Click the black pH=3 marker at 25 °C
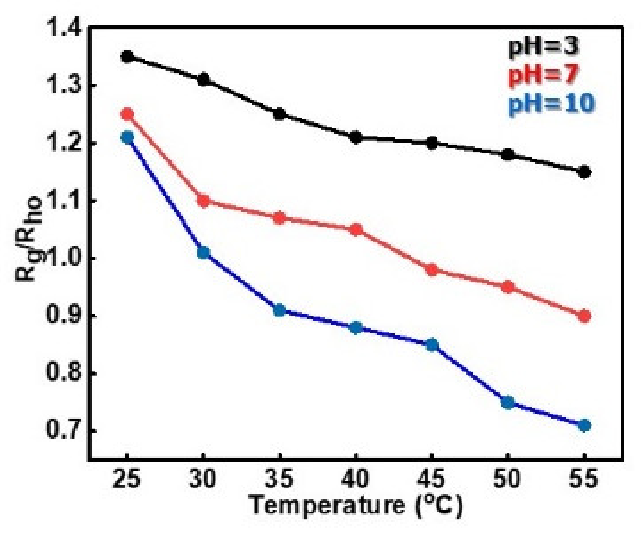coord(127,56)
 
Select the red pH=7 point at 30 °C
coord(203,201)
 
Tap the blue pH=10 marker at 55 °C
coord(585,426)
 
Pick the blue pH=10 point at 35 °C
coord(279,310)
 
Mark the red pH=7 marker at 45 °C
coord(432,270)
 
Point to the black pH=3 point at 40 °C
coord(356,137)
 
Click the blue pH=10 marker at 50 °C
coord(508,402)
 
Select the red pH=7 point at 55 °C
coord(585,316)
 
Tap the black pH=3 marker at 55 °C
coord(585,172)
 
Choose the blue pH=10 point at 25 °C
coord(127,137)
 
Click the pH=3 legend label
coord(543,47)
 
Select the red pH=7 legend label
coord(543,75)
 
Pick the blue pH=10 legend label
coord(551,103)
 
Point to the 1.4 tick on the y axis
coord(64,28)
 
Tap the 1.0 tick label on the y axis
coord(64,259)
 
